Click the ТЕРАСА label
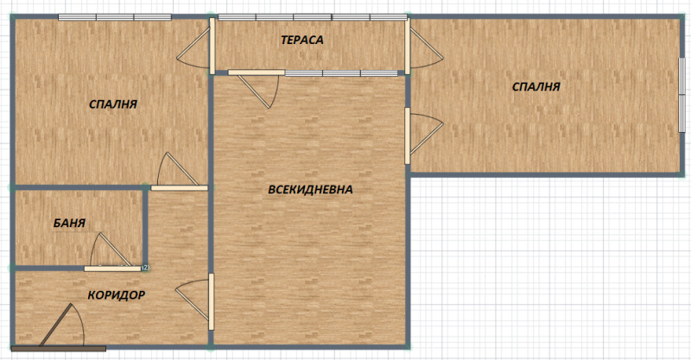click(301, 40)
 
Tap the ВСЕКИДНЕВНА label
click(310, 189)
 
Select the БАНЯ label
click(69, 223)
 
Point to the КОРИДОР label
click(116, 295)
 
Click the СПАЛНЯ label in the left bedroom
click(113, 104)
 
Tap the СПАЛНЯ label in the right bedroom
click(536, 86)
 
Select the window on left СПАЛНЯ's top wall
click(114, 16)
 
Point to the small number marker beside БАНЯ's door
click(144, 268)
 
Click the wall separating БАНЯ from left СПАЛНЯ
click(78, 187)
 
